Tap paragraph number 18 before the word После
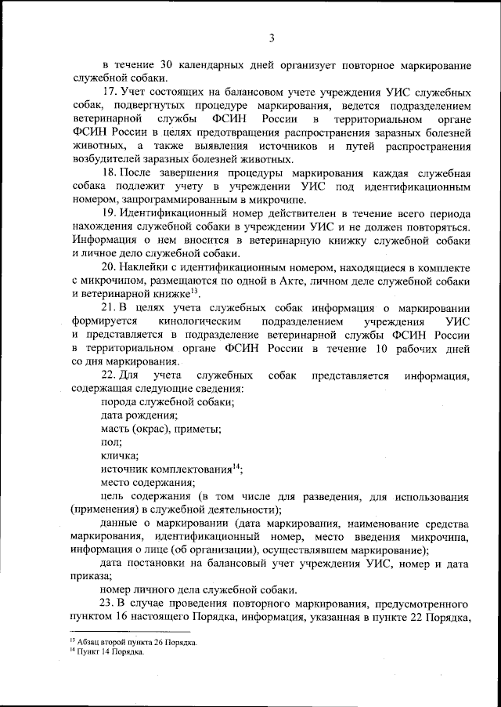[x=110, y=171]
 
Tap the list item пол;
[x=111, y=442]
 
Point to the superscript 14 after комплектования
[x=236, y=466]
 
